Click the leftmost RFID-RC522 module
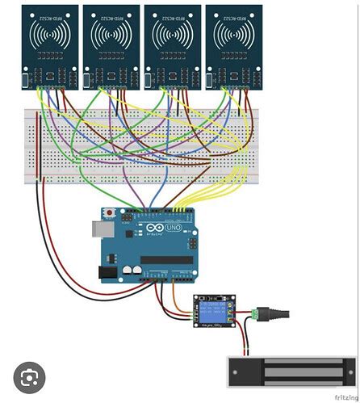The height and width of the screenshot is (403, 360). click(49, 44)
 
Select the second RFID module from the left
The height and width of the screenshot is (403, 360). click(111, 44)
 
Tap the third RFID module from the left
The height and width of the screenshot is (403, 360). click(172, 44)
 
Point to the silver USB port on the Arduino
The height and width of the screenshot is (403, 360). click(102, 229)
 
